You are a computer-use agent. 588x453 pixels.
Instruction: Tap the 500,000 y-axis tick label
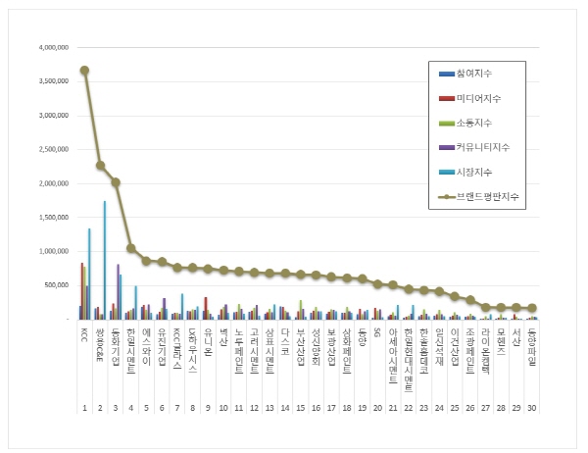click(x=53, y=285)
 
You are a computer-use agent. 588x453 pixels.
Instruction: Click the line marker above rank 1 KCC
click(x=85, y=70)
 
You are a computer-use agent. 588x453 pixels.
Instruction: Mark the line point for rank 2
click(x=100, y=165)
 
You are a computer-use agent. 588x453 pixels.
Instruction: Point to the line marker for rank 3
click(x=116, y=182)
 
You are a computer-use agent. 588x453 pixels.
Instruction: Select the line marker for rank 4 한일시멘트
click(x=131, y=248)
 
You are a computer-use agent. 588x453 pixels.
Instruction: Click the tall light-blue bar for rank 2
click(x=105, y=260)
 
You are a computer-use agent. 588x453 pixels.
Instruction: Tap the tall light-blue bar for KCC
click(x=89, y=275)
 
